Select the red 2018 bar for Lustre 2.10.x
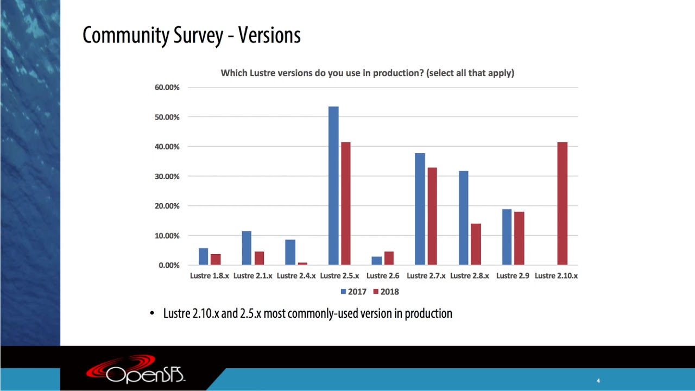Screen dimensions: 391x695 coord(562,204)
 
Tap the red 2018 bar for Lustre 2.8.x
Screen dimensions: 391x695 coord(476,244)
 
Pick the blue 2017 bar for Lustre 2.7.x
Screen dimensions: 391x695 coord(420,209)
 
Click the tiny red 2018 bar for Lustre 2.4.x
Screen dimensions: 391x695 coord(302,263)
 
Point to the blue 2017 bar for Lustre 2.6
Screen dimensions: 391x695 coord(376,261)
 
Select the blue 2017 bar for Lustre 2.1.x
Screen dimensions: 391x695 coord(247,248)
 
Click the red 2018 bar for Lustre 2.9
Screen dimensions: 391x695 coord(519,238)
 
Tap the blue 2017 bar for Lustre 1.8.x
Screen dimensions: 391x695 coord(203,256)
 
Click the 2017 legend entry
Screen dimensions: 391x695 coord(353,292)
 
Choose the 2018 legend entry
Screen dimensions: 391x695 coord(386,292)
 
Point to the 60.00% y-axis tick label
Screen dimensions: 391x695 coord(168,87)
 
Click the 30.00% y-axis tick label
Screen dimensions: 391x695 coord(168,176)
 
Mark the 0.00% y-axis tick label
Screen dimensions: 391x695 coord(169,266)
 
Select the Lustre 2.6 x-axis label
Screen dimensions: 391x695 coord(383,276)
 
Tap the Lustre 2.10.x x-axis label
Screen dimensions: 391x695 coord(556,276)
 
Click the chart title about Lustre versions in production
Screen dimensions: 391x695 coord(367,73)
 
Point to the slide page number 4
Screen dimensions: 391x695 coord(598,381)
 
